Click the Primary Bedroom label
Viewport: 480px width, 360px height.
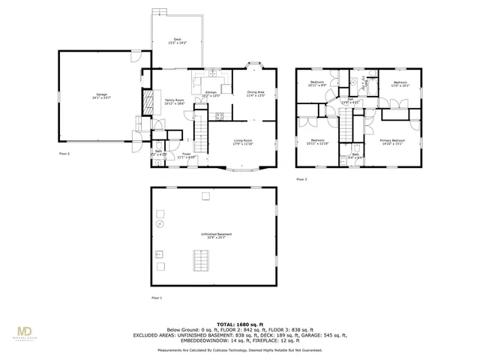tap(392, 142)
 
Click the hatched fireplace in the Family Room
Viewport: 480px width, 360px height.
tap(148, 103)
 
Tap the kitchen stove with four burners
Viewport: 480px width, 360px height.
tap(219, 115)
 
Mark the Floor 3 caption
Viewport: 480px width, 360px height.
tap(301, 179)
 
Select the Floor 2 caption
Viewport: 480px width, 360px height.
tap(64, 153)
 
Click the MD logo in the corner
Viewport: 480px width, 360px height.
tap(25, 331)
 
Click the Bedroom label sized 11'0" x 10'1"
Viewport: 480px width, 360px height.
tap(400, 84)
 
